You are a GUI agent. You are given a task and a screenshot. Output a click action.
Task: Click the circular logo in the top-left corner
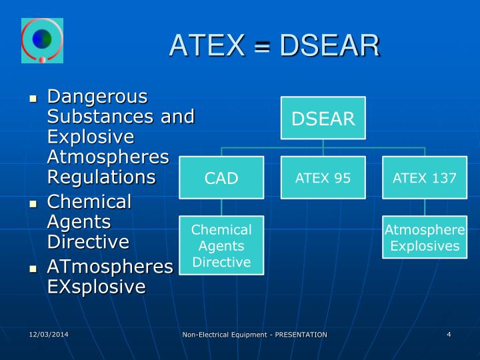(x=41, y=41)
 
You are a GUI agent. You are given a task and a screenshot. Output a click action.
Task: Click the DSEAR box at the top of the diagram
(x=323, y=119)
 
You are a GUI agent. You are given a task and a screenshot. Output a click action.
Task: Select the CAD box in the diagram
(x=221, y=178)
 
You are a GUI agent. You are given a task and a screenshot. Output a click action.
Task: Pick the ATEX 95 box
(x=323, y=178)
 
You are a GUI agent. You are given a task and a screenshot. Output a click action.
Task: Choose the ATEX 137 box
(x=425, y=178)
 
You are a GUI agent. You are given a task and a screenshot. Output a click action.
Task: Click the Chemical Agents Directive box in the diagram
(x=221, y=245)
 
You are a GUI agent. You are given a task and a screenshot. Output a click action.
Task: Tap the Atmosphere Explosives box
(x=425, y=238)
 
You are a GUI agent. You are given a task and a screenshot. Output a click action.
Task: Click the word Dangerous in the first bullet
(x=97, y=97)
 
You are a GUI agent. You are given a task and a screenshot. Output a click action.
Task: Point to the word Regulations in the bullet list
(x=101, y=177)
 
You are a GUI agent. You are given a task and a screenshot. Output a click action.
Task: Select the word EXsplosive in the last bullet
(x=96, y=287)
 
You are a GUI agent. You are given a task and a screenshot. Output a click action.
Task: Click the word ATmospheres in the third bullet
(x=110, y=267)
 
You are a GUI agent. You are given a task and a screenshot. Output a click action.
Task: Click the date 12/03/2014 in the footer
(x=49, y=333)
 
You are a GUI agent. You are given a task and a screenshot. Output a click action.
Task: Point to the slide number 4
(x=449, y=333)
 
